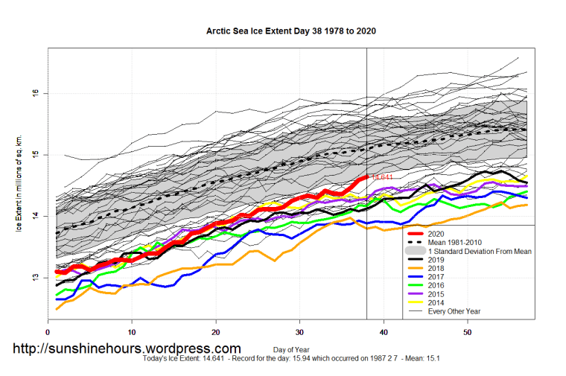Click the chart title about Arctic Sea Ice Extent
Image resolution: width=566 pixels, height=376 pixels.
click(x=290, y=32)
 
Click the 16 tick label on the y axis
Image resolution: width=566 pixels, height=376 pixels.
click(x=34, y=93)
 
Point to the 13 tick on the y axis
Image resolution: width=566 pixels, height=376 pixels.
click(x=34, y=278)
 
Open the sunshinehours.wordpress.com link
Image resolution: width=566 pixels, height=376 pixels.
click(x=127, y=348)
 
